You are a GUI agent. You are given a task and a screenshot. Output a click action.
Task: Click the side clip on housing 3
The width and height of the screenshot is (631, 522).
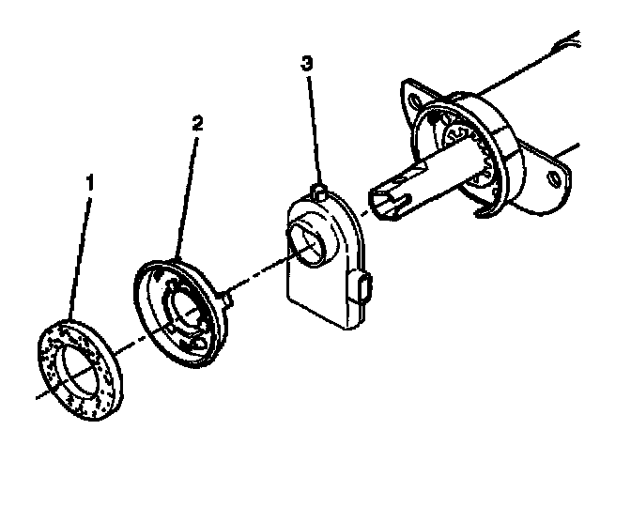point(364,287)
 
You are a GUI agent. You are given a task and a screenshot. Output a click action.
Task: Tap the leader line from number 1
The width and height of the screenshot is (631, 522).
point(81,253)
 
